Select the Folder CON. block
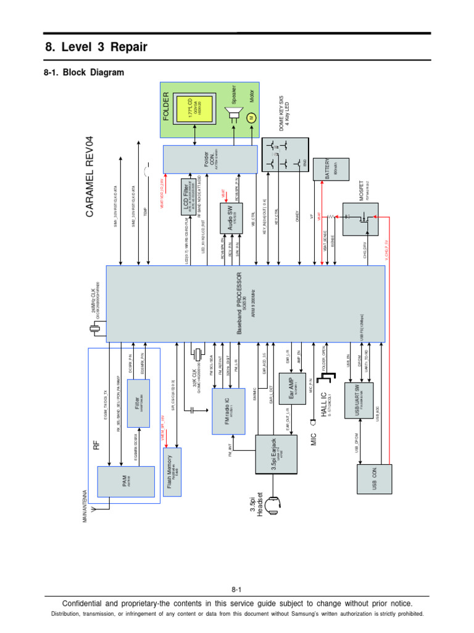(x=210, y=159)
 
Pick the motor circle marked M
(x=251, y=117)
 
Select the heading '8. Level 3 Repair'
(x=96, y=48)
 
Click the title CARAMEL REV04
(x=91, y=176)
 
